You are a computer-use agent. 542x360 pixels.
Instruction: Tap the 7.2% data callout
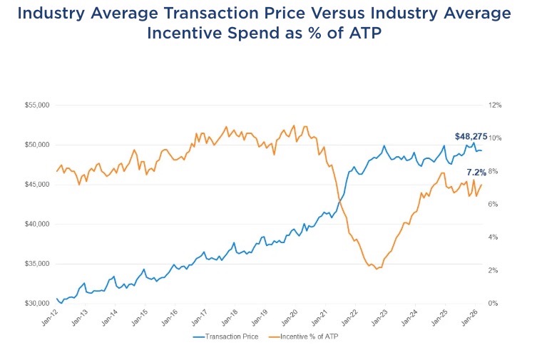[477, 173]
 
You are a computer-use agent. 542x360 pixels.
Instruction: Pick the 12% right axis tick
[496, 105]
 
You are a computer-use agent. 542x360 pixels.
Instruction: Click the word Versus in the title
[311, 14]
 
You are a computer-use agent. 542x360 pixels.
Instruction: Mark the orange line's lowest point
[377, 269]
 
